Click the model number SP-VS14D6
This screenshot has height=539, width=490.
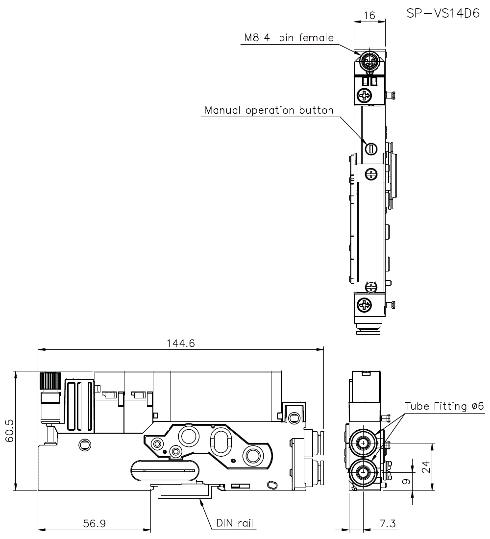click(x=442, y=13)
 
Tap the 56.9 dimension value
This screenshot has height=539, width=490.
click(x=94, y=523)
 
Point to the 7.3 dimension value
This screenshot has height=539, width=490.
click(x=388, y=523)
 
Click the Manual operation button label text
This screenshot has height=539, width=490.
click(x=269, y=110)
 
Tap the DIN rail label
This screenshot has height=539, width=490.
click(x=235, y=523)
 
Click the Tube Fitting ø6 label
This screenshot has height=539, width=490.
click(x=444, y=406)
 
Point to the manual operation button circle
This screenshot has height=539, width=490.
click(x=370, y=147)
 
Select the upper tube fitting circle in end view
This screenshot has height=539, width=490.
click(x=363, y=443)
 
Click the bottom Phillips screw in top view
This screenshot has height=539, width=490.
click(x=365, y=305)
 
